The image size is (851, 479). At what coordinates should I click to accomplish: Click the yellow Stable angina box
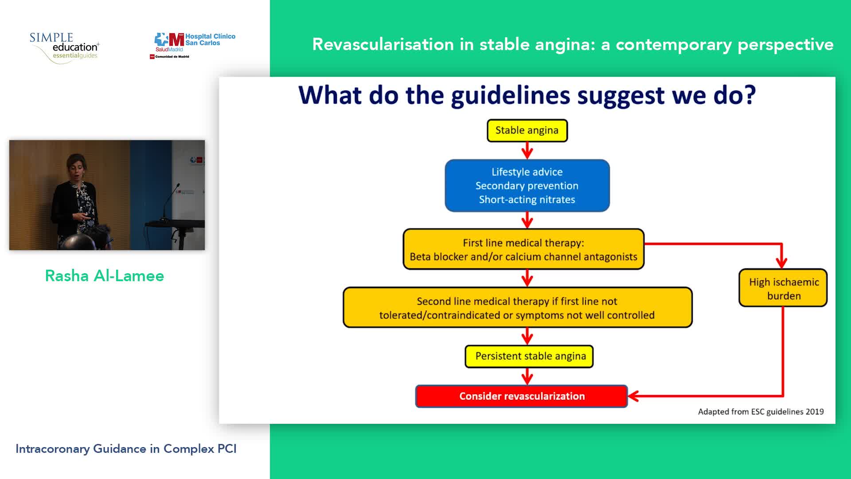pyautogui.click(x=527, y=130)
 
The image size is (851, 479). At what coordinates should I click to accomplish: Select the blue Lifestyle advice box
pyautogui.click(x=527, y=185)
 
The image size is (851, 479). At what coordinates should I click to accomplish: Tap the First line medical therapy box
pyautogui.click(x=523, y=249)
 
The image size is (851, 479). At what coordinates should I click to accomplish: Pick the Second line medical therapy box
pyautogui.click(x=517, y=308)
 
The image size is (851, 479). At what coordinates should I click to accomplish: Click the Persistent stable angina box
pyautogui.click(x=529, y=356)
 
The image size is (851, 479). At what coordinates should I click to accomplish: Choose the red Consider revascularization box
pyautogui.click(x=521, y=396)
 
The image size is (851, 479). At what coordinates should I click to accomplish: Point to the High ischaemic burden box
pyautogui.click(x=783, y=288)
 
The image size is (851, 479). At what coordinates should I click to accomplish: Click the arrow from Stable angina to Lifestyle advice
pyautogui.click(x=527, y=151)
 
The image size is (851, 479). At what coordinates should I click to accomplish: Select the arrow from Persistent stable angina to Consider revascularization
pyautogui.click(x=527, y=377)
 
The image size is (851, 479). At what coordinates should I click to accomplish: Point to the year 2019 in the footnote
pyautogui.click(x=815, y=412)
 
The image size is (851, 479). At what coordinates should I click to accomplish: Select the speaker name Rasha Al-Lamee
pyautogui.click(x=105, y=276)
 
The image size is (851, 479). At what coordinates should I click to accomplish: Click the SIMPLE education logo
pyautogui.click(x=65, y=47)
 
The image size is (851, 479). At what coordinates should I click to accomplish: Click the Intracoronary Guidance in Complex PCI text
pyautogui.click(x=126, y=449)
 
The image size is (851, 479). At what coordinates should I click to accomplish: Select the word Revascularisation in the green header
pyautogui.click(x=383, y=44)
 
